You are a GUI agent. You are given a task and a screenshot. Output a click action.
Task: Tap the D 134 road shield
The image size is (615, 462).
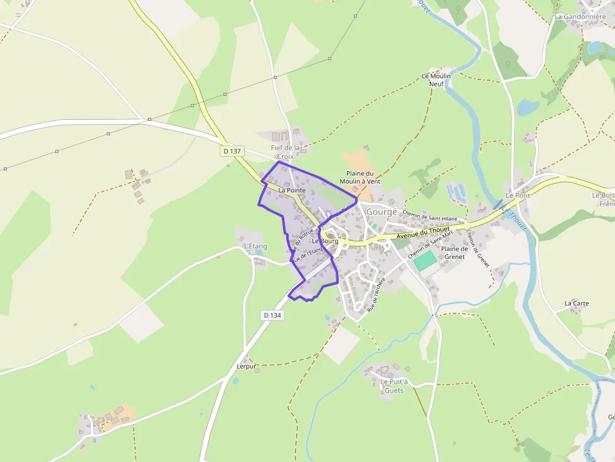(272, 315)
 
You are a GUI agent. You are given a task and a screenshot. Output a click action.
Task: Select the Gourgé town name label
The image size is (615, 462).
(382, 212)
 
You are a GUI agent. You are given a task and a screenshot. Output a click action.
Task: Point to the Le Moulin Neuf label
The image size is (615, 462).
(436, 80)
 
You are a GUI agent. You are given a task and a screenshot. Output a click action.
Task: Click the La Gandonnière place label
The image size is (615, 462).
(580, 17)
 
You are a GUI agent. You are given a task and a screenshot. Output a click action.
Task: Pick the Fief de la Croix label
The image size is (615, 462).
(286, 152)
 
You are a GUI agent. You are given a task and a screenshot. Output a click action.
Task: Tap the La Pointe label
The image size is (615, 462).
(292, 190)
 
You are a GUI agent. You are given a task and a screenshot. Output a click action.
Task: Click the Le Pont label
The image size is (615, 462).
(518, 196)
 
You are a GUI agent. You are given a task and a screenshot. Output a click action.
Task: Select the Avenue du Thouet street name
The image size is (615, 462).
(423, 233)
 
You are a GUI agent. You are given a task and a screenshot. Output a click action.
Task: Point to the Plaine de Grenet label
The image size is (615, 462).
(456, 253)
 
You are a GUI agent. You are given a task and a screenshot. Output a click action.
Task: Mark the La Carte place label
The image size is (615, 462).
(577, 303)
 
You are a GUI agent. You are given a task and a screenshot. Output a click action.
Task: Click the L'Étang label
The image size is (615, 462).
(255, 246)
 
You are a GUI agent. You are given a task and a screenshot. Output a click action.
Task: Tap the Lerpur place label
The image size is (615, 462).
(247, 366)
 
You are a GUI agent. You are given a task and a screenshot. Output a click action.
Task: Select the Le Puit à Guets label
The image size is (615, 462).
(394, 386)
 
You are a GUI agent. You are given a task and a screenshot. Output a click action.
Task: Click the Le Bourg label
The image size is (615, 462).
(325, 241)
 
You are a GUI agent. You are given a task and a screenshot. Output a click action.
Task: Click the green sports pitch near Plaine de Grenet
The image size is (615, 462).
(425, 261)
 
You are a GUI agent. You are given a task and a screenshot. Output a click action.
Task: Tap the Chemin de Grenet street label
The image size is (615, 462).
(478, 248)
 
